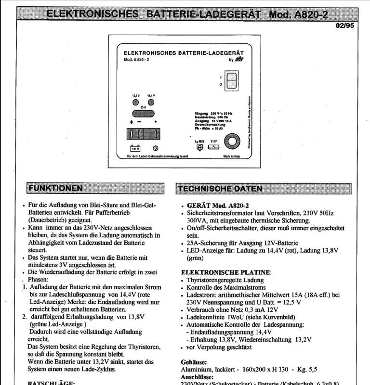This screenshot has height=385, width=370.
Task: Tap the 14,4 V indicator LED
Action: [151, 102]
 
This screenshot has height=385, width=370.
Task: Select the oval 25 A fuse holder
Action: [143, 114]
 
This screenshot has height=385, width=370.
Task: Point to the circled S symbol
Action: [155, 148]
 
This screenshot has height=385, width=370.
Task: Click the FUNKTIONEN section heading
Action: [55, 188]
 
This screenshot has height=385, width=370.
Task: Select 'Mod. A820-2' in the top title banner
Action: [294, 14]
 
